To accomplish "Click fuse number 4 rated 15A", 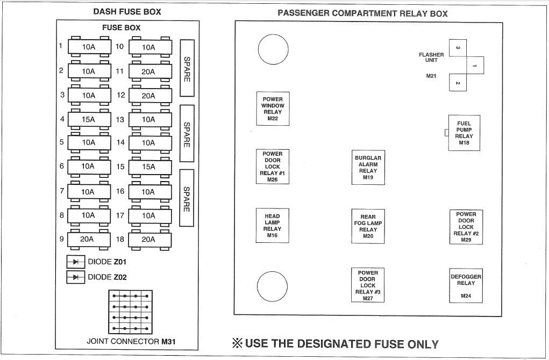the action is click(x=89, y=119).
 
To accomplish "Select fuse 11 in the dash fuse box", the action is click(x=150, y=71).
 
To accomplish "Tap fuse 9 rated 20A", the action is click(x=89, y=240).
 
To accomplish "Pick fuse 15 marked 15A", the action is click(x=150, y=167).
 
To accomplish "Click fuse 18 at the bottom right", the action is click(x=150, y=240).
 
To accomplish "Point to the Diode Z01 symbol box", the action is click(x=76, y=262).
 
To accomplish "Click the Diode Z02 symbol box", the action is click(x=76, y=277).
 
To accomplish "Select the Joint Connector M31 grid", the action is click(x=130, y=312).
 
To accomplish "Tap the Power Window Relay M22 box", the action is click(x=273, y=109).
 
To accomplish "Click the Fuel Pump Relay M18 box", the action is click(x=464, y=133).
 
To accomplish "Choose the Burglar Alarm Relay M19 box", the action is click(x=368, y=168).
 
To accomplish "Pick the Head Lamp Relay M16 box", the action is click(x=273, y=226).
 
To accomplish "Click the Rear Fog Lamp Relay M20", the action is click(x=368, y=226).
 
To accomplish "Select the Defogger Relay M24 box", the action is click(x=466, y=285).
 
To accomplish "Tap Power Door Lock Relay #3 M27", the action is click(x=368, y=285).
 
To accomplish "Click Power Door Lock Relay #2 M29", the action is click(x=466, y=227).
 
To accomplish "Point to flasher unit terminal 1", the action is click(x=475, y=66).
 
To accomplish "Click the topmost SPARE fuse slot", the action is click(x=187, y=68).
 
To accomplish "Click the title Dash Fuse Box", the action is click(x=127, y=11).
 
